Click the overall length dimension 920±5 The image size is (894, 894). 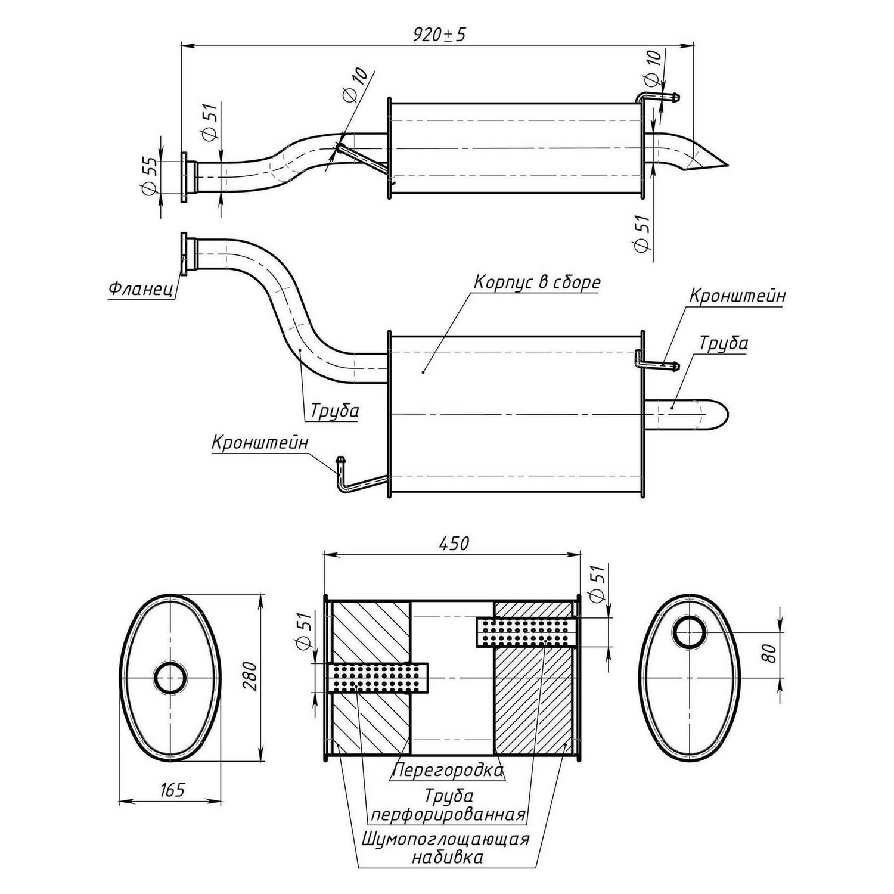click(x=439, y=35)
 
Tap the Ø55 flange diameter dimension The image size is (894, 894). click(x=149, y=175)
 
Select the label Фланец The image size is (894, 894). click(x=141, y=290)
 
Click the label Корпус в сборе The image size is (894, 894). click(x=537, y=282)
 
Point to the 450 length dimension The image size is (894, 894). click(x=454, y=543)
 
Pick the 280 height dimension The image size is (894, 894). click(x=251, y=675)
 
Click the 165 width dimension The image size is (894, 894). click(x=172, y=790)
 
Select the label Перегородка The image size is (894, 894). click(x=448, y=770)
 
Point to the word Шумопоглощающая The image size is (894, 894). click(x=445, y=839)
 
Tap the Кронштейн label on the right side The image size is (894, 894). click(x=737, y=296)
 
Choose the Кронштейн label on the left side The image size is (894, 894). click(x=260, y=443)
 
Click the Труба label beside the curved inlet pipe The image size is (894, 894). click(x=334, y=411)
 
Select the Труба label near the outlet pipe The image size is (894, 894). click(x=724, y=343)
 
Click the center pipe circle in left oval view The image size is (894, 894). click(x=170, y=678)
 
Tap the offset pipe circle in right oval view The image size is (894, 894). click(x=690, y=633)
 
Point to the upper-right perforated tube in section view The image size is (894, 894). click(x=526, y=632)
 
